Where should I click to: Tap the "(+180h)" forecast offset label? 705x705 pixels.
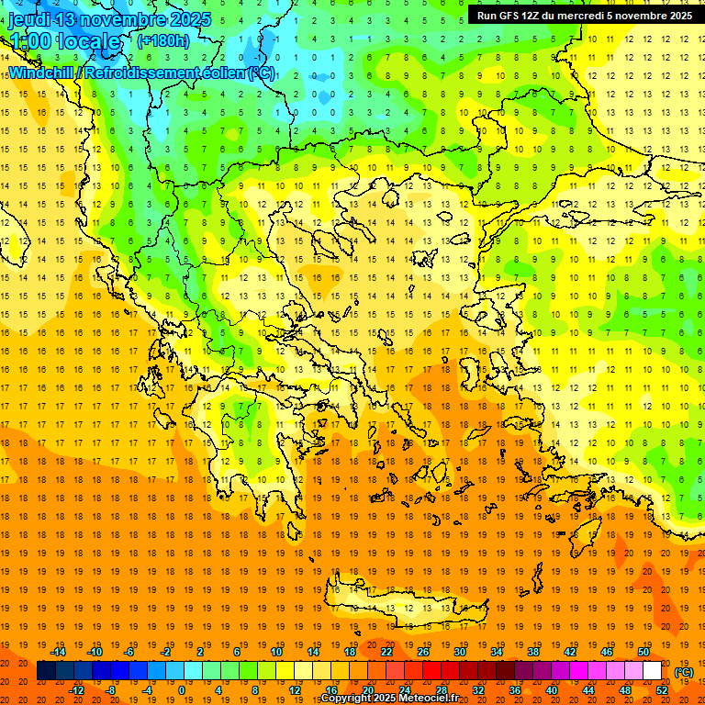coord(163,40)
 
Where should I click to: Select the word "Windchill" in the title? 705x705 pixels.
coord(42,72)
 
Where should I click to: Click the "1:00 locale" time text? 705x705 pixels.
coord(64,41)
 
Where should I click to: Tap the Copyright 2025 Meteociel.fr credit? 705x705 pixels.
coord(389,699)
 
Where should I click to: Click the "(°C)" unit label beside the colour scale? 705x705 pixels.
coord(684,672)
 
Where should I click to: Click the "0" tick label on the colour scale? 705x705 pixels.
coord(181,690)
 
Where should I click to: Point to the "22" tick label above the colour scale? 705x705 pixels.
coord(386,652)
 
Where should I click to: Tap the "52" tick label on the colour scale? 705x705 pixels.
coord(662,690)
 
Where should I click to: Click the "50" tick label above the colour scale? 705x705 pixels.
coord(643,652)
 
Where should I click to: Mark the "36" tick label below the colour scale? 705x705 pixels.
coord(515,690)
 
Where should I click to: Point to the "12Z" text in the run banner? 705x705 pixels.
coord(532,16)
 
